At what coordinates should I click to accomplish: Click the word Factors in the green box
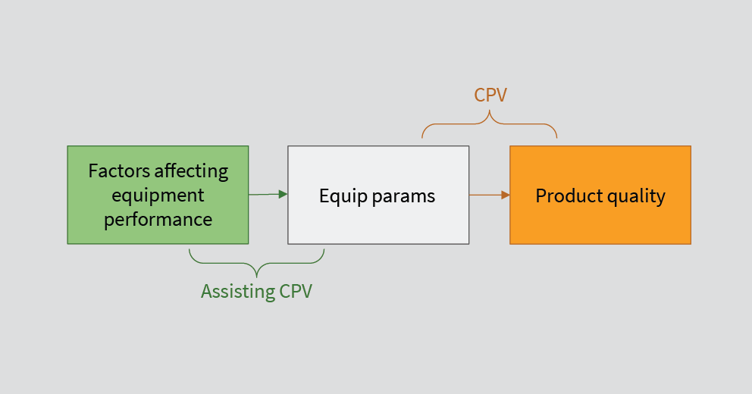[119, 171]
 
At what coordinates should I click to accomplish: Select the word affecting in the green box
[191, 171]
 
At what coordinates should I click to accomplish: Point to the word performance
[158, 220]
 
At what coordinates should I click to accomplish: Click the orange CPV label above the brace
[490, 95]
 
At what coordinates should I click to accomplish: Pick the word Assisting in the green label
[238, 292]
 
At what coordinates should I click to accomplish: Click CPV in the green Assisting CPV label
[296, 292]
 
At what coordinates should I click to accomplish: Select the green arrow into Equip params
[268, 194]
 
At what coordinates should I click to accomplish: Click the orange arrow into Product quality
[490, 195]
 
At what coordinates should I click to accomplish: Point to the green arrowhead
[284, 194]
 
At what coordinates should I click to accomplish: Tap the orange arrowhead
[506, 195]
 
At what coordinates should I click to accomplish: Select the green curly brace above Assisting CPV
[256, 263]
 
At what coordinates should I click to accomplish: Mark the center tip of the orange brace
[490, 111]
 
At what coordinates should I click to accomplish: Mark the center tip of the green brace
[256, 277]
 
